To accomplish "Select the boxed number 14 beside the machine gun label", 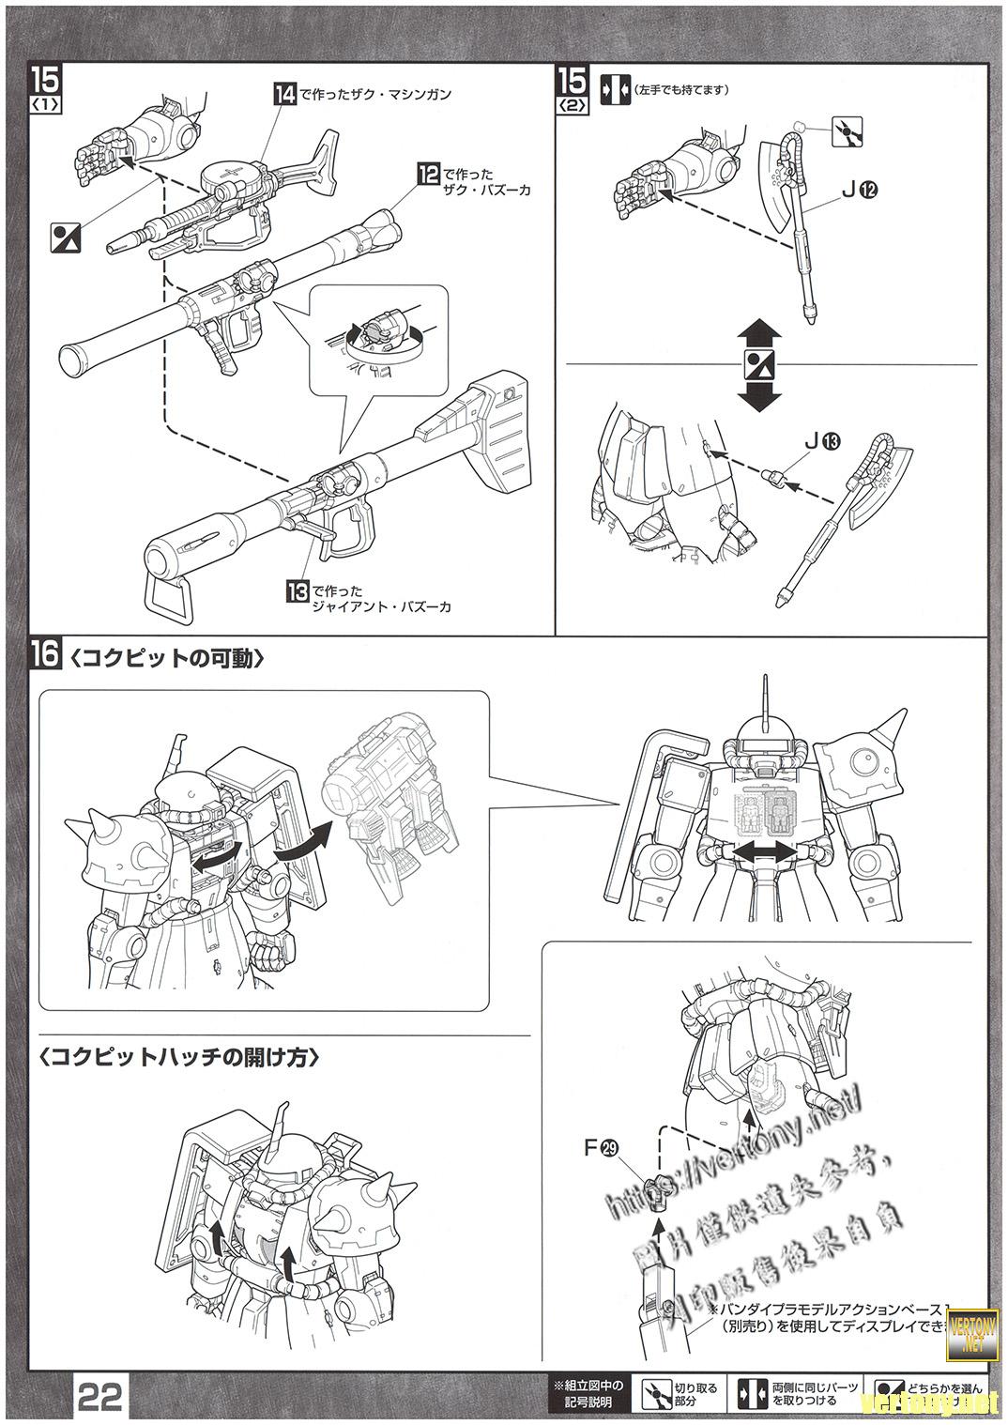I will coord(284,93).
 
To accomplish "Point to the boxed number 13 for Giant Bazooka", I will coord(298,591).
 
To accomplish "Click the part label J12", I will coord(858,191).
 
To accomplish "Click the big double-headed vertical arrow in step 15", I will coord(758,365).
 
